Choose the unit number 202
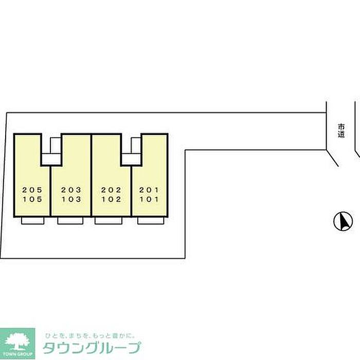[x=111, y=190]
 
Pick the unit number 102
[x=111, y=200]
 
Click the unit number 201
[x=149, y=190]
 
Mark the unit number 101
[x=149, y=200]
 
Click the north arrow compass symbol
[x=343, y=222]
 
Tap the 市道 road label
[x=341, y=131]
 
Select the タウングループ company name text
[x=92, y=348]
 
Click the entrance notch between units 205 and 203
[x=51, y=152]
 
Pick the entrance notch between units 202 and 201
[x=131, y=152]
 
